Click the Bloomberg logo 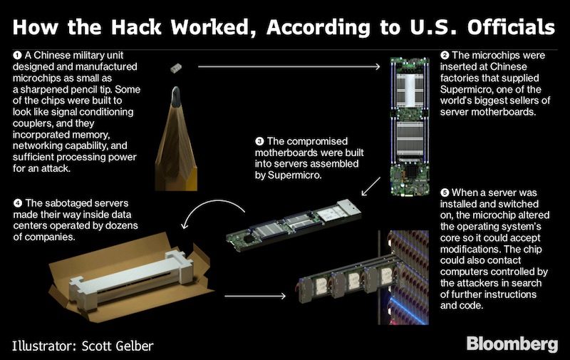pos(512,344)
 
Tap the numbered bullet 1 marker pos(17,56)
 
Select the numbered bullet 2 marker pos(445,56)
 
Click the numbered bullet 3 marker pos(259,141)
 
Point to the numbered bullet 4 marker pos(17,203)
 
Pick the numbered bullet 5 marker pos(445,192)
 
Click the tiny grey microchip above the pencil pos(176,68)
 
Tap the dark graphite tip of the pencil pos(176,97)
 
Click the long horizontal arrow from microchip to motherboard pos(289,66)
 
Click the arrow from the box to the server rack pos(255,296)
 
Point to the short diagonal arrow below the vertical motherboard pos(370,187)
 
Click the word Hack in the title pos(135,27)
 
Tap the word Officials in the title pos(511,27)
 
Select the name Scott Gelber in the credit pos(118,346)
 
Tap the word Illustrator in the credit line pos(44,346)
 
